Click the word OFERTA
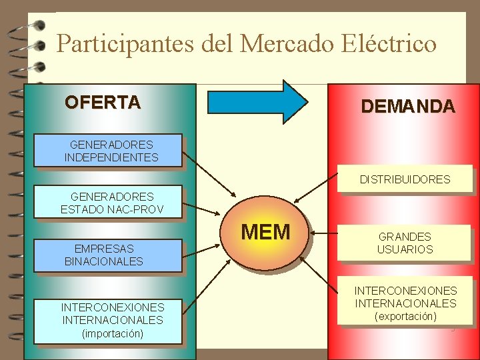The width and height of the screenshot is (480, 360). point(103,103)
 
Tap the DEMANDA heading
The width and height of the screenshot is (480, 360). point(407,107)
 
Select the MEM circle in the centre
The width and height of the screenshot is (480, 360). point(265,232)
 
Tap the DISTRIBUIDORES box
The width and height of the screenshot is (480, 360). point(405,179)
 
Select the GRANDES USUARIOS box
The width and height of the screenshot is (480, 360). point(405,243)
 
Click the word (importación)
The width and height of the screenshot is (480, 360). point(112,333)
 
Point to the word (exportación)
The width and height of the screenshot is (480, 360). point(405,317)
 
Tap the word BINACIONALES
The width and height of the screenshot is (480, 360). point(104,261)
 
